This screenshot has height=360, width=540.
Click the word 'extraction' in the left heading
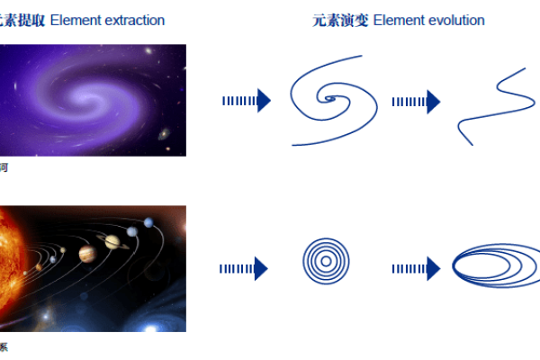(x=133, y=20)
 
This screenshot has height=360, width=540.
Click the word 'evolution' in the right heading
(x=454, y=20)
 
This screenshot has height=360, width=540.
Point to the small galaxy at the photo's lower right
(x=164, y=134)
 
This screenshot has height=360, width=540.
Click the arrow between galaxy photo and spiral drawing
(x=246, y=101)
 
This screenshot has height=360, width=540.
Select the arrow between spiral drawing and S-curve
(x=415, y=102)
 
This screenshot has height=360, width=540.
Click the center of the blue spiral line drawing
(x=330, y=100)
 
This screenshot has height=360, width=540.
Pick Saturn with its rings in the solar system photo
(x=113, y=240)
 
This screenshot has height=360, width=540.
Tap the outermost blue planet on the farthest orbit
(x=147, y=221)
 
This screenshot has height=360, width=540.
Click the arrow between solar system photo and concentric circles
(x=244, y=268)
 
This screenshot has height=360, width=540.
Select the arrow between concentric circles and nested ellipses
(x=415, y=268)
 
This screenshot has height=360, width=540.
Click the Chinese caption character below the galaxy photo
(x=4, y=167)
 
